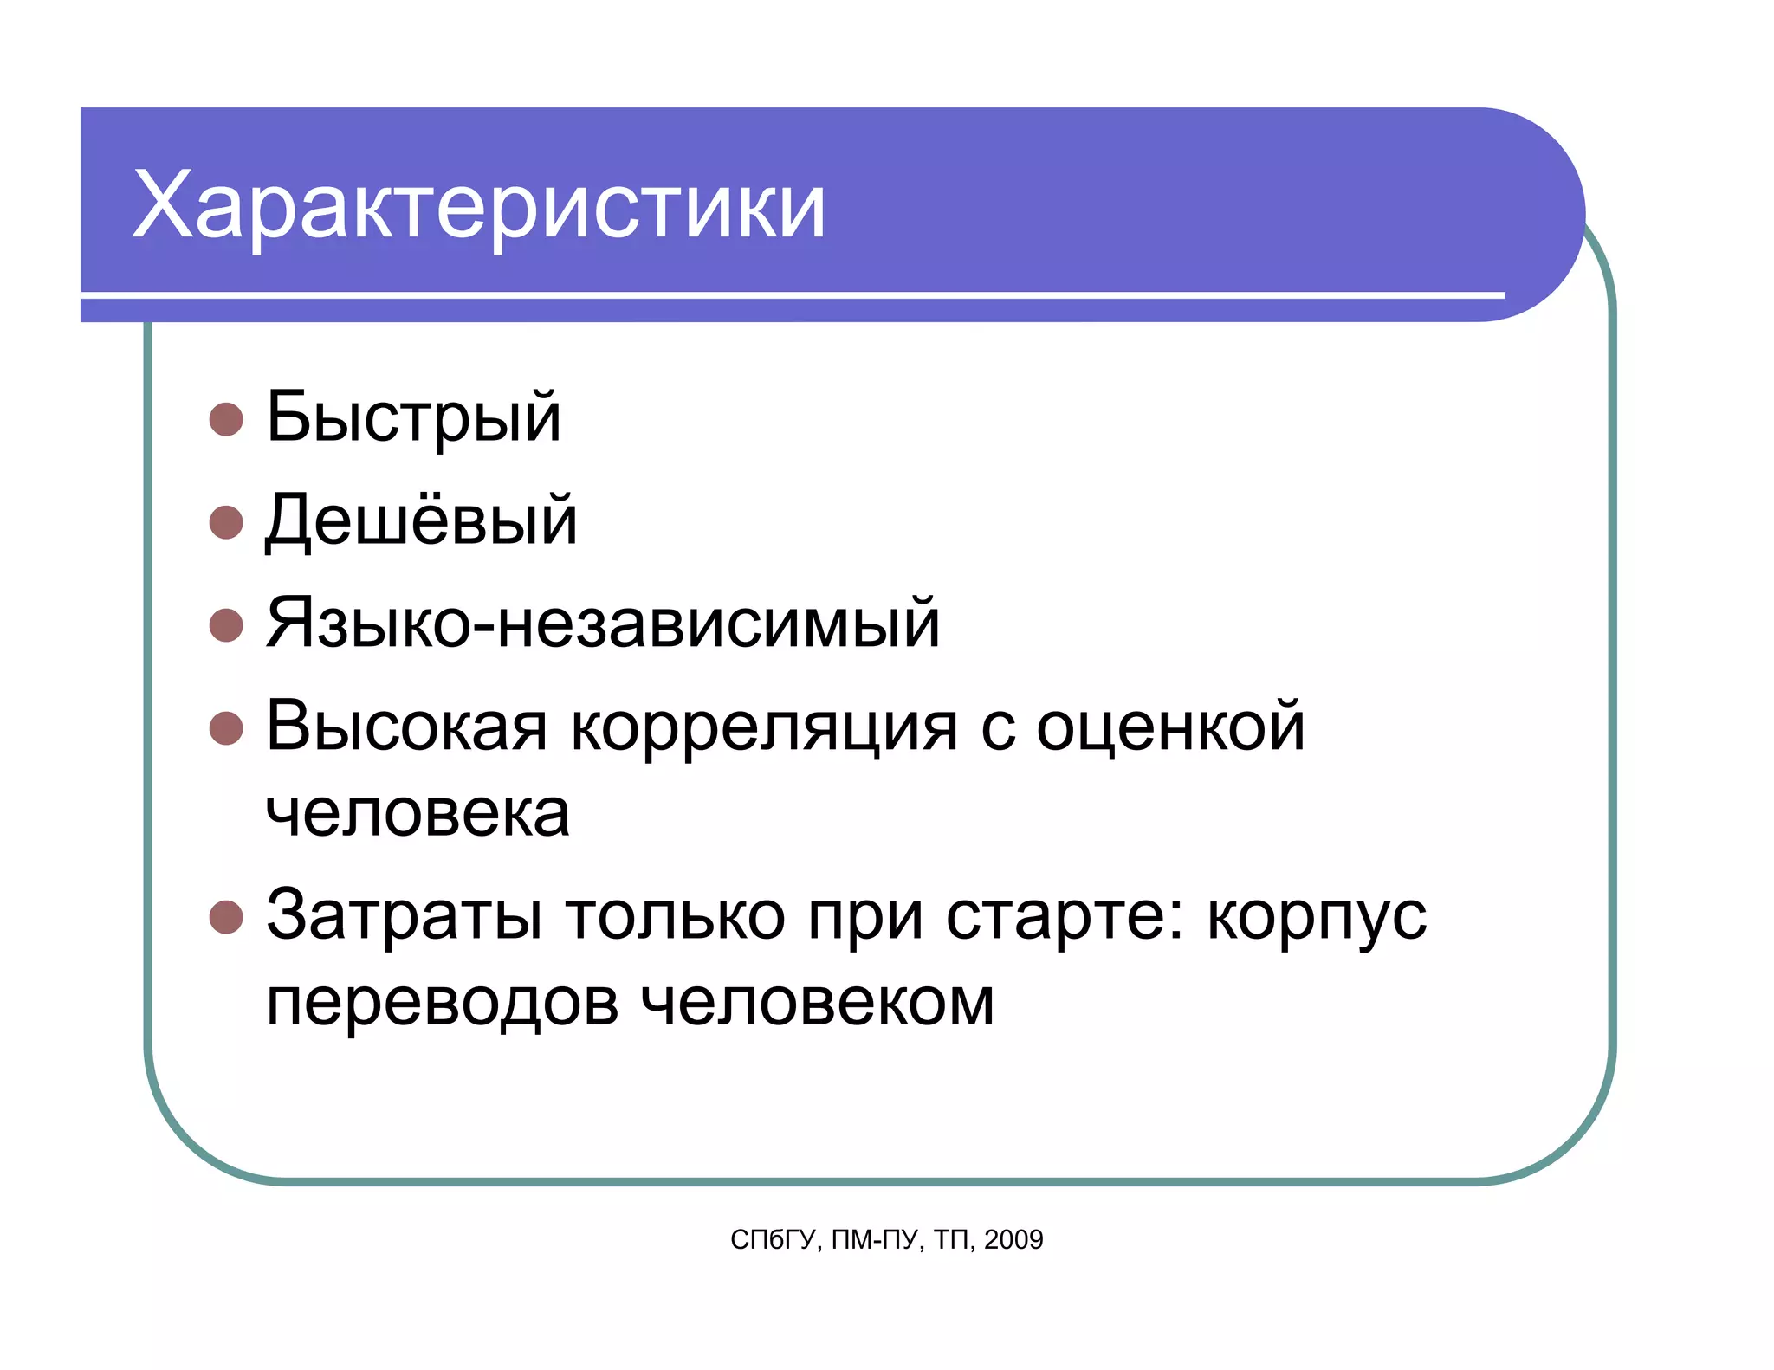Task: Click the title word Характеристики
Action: pyautogui.click(x=479, y=206)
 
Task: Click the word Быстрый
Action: pyautogui.click(x=413, y=417)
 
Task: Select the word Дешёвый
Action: pyautogui.click(x=421, y=520)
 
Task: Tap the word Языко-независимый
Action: pyautogui.click(x=603, y=623)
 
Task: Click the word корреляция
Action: pyautogui.click(x=764, y=727)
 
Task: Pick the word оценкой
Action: pyautogui.click(x=1170, y=727)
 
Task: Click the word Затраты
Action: pyautogui.click(x=405, y=915)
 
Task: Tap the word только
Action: pyautogui.click(x=675, y=915)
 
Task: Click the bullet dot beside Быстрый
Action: pyautogui.click(x=226, y=419)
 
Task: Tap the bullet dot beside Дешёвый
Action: pyautogui.click(x=226, y=522)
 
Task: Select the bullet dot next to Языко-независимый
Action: pyautogui.click(x=226, y=625)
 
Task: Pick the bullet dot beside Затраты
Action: pyautogui.click(x=226, y=917)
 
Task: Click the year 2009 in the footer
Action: pyautogui.click(x=1013, y=1240)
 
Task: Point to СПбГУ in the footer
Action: pyautogui.click(x=773, y=1240)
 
